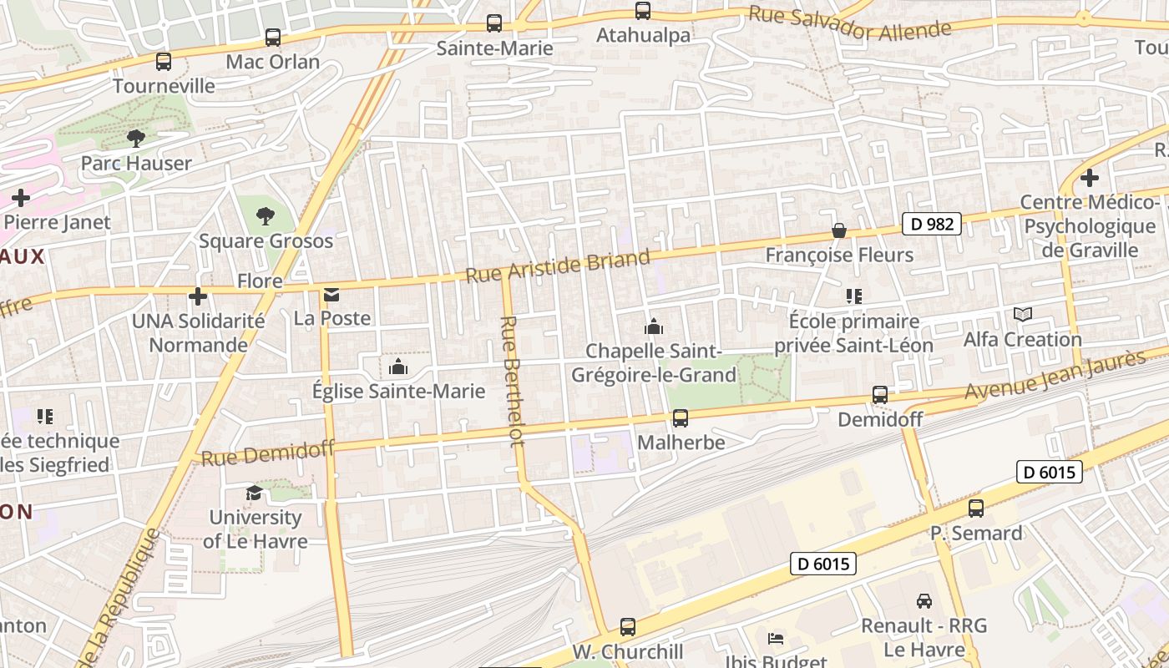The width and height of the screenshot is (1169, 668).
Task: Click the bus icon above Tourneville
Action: coord(164,62)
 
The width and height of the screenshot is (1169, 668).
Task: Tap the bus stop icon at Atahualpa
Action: coord(643,11)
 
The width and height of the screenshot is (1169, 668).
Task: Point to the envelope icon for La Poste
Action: coord(332,295)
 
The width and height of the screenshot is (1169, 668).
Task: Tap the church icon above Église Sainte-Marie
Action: coord(398,367)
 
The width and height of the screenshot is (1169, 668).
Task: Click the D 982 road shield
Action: coord(932,224)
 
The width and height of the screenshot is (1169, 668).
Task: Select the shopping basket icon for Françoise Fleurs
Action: coord(839,230)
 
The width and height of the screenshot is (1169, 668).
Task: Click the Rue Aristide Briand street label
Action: coord(557,266)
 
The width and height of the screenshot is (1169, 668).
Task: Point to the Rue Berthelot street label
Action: coord(512,381)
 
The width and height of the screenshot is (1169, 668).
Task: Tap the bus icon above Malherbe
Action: coord(681,418)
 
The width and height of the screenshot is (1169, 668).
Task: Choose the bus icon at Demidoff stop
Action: coord(880,395)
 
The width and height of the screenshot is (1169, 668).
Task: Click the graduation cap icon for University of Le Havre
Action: coord(254,493)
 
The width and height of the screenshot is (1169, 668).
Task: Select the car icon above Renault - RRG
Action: coord(924,601)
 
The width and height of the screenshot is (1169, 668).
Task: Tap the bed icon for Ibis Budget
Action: coord(776,639)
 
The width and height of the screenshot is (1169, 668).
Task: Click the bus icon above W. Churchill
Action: coord(628,626)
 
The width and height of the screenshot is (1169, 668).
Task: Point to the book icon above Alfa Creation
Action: coord(1023,315)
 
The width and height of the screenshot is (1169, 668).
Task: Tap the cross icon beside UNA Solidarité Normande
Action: coord(198,296)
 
